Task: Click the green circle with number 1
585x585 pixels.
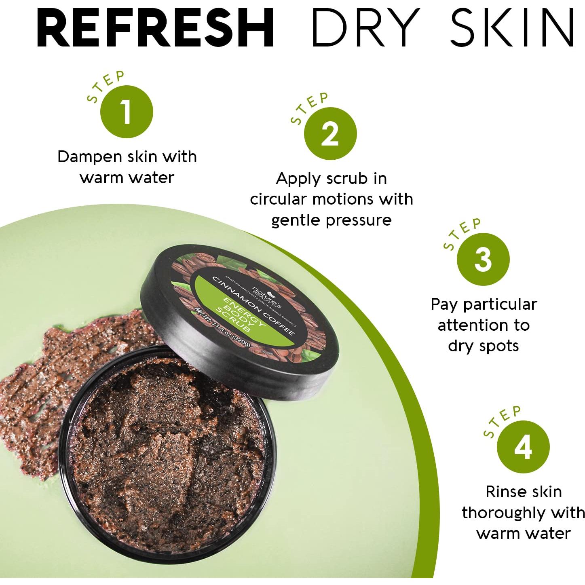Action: (x=127, y=112)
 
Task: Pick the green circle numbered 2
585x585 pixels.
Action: (x=330, y=133)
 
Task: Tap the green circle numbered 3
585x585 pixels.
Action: (x=483, y=259)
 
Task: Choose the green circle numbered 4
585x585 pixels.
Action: (x=523, y=447)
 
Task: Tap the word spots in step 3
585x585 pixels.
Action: (x=499, y=346)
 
